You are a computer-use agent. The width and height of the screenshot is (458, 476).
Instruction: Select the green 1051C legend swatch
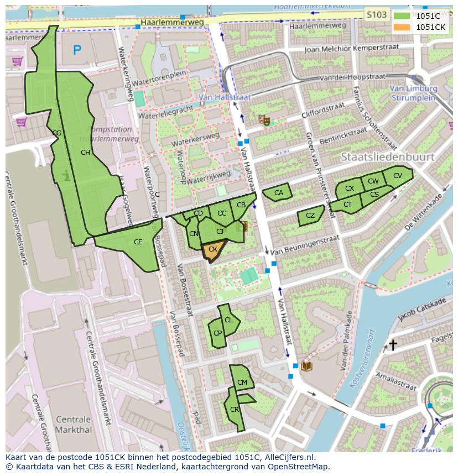click(402, 16)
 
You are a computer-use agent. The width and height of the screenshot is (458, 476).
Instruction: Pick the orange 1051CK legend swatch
click(402, 27)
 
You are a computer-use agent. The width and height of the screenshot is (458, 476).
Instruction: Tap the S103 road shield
click(377, 15)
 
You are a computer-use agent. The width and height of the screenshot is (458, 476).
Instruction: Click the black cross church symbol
click(393, 345)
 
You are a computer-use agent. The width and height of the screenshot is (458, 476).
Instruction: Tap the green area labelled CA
click(277, 193)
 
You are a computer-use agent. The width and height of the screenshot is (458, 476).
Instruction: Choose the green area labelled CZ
click(310, 216)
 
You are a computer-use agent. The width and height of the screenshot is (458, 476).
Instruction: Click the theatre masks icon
click(264, 119)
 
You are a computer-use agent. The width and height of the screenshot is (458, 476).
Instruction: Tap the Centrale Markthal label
click(74, 424)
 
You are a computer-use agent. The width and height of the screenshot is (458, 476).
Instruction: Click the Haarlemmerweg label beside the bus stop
click(172, 22)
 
